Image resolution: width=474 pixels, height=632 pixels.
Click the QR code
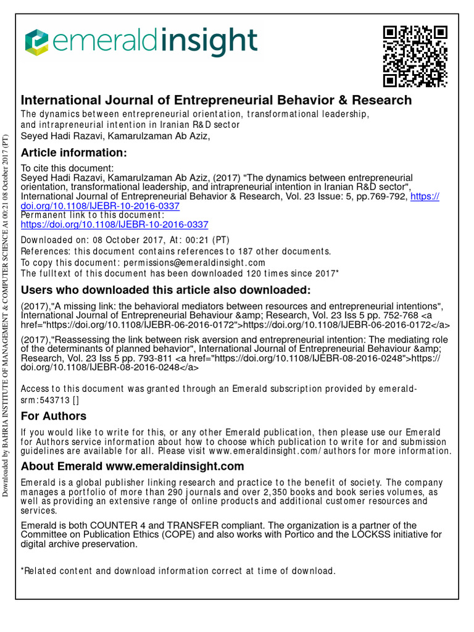pos(415,56)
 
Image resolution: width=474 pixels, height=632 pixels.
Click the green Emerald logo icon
pos(36,42)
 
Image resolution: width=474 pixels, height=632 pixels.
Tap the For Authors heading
pos(54,416)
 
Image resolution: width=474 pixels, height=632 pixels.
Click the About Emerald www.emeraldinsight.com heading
pos(133,466)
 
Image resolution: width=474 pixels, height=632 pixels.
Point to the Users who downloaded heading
pos(166,290)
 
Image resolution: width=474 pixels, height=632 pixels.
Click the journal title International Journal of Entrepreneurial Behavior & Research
pos(216,100)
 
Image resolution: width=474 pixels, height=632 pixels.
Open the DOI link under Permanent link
pos(115,225)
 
